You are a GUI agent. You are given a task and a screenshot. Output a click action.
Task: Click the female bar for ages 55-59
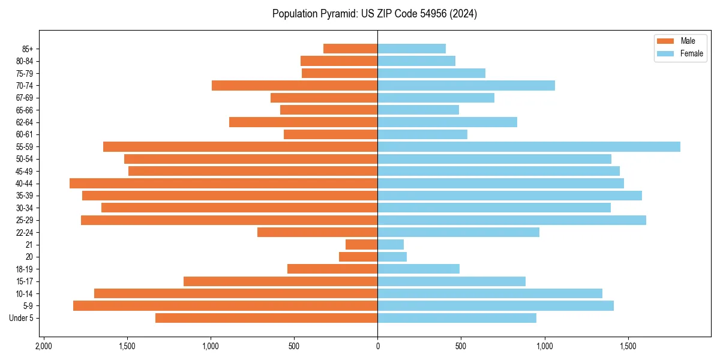tap(528, 147)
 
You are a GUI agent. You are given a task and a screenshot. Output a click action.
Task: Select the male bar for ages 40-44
tap(223, 184)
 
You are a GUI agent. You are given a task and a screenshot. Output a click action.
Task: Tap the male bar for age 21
tap(361, 245)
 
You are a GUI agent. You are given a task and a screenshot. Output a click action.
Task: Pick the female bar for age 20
tap(392, 257)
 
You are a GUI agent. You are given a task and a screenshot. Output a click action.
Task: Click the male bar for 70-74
tap(295, 86)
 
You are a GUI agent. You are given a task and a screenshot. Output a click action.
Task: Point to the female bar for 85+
tap(412, 49)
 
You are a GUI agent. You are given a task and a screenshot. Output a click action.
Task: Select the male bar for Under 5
tap(266, 318)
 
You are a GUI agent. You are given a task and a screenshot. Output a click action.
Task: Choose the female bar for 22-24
tap(458, 232)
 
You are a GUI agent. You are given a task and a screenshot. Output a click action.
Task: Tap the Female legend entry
tap(680, 53)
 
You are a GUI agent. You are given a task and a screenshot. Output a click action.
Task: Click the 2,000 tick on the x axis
tap(43, 347)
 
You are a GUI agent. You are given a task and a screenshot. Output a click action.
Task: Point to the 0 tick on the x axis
tap(377, 347)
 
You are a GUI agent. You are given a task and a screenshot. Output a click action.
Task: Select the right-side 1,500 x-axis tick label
tap(628, 347)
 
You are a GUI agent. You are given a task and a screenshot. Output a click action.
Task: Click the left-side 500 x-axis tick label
tap(294, 347)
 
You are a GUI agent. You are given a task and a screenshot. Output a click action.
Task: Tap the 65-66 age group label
tap(25, 110)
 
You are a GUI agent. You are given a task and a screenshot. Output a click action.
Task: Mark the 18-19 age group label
tap(25, 269)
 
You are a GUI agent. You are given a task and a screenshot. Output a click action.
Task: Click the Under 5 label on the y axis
tap(22, 318)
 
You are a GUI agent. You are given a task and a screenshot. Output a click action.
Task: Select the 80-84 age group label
tap(25, 61)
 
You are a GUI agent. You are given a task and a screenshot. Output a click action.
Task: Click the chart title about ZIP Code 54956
tap(374, 14)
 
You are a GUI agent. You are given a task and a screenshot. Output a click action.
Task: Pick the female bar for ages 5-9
tap(495, 306)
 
